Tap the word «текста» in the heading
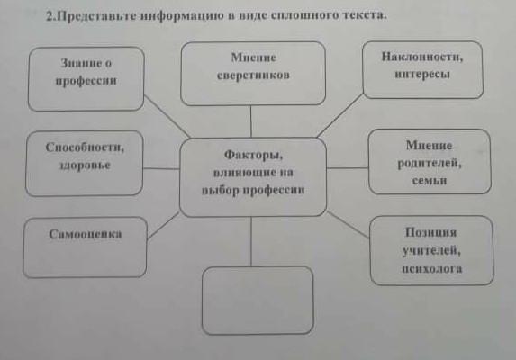(365, 14)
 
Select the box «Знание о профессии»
(86, 79)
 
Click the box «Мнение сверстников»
(253, 73)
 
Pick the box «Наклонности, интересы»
(423, 69)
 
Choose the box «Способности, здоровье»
(85, 164)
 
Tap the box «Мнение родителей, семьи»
(430, 161)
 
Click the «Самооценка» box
(85, 247)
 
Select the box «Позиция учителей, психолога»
(431, 250)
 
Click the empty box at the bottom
(258, 301)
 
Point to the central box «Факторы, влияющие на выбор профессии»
(253, 177)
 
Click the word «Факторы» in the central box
(253, 155)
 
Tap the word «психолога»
(431, 268)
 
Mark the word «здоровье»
(85, 165)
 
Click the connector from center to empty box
(251, 241)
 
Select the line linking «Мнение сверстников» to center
(250, 121)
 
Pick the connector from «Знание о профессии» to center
(167, 116)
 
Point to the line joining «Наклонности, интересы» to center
(339, 115)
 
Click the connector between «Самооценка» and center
(163, 226)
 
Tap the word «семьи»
(430, 180)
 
